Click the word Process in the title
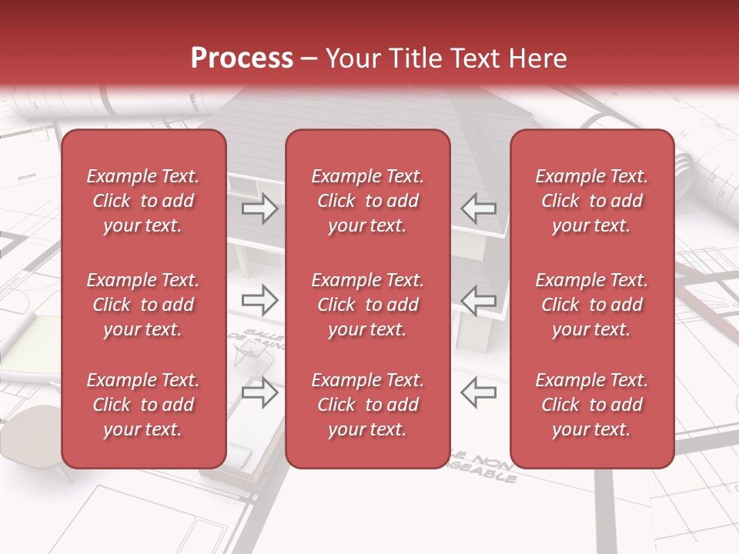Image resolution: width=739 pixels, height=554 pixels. click(x=242, y=58)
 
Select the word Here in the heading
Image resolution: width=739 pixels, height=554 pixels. click(x=537, y=58)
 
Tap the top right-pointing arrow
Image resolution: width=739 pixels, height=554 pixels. click(x=260, y=209)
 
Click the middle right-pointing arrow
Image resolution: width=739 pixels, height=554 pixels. click(x=260, y=299)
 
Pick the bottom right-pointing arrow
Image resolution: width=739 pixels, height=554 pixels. click(x=260, y=392)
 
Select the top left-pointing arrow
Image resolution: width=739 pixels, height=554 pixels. click(x=478, y=209)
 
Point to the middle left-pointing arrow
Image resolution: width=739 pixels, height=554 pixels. click(x=478, y=299)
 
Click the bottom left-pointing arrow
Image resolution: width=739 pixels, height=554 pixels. click(x=478, y=392)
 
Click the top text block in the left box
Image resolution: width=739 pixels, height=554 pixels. click(x=143, y=201)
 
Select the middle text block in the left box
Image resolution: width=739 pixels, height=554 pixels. click(x=143, y=305)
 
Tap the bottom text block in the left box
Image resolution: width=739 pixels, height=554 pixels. click(x=143, y=405)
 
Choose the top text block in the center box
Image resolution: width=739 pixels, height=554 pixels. click(x=367, y=201)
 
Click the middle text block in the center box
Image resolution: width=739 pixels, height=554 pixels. click(x=367, y=305)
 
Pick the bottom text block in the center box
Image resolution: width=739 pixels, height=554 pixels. click(x=367, y=405)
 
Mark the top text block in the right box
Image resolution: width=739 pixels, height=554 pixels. click(x=591, y=201)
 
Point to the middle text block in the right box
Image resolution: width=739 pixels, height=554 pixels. click(x=591, y=305)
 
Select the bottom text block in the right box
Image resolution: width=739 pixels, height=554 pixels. click(x=591, y=405)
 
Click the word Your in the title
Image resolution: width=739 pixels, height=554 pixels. click(x=352, y=58)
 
